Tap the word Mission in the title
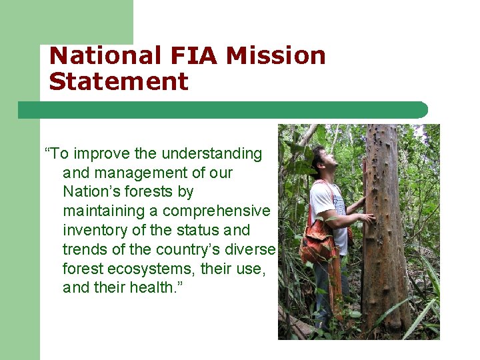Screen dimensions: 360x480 (275, 56)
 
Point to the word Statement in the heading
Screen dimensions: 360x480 (119, 82)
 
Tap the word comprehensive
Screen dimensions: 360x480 (217, 211)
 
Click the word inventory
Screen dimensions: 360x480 (95, 231)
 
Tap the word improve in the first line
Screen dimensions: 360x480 (101, 154)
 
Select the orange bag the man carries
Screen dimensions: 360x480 (317, 243)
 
